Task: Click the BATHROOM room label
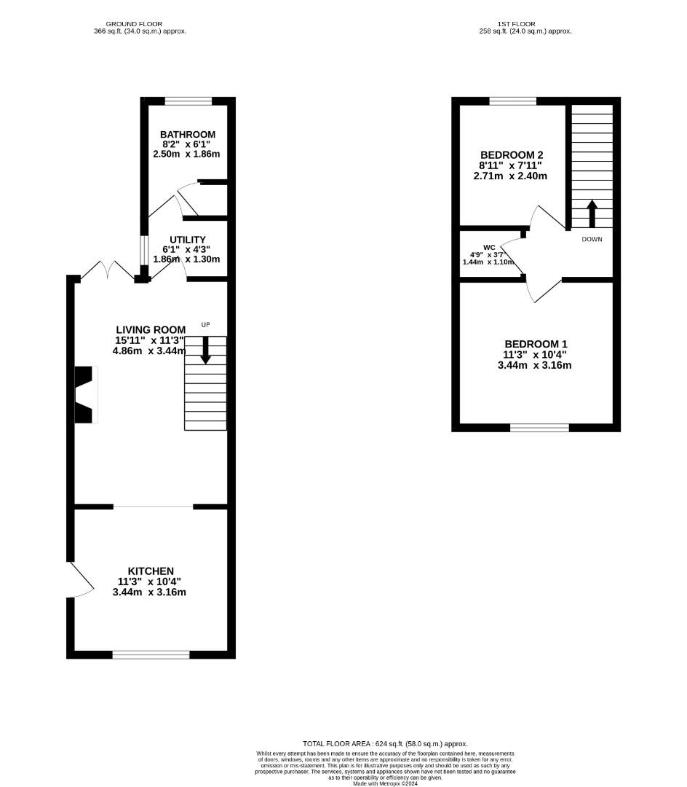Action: (188, 135)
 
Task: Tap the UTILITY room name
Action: (188, 240)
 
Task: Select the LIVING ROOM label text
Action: (151, 330)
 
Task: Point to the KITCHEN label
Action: (151, 571)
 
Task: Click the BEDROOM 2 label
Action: (512, 155)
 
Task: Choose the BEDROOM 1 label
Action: (536, 344)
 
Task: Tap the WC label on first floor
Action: (489, 248)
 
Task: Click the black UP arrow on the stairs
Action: (205, 350)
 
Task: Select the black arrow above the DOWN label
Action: (592, 214)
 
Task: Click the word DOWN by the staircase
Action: (592, 240)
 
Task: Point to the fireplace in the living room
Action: (85, 395)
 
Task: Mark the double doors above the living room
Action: (107, 270)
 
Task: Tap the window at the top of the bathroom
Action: (188, 101)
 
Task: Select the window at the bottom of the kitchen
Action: (151, 654)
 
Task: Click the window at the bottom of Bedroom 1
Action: (540, 428)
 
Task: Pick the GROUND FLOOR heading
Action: (134, 24)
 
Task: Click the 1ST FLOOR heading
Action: (516, 24)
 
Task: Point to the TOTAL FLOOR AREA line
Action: (385, 744)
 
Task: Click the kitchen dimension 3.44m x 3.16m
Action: (149, 592)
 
